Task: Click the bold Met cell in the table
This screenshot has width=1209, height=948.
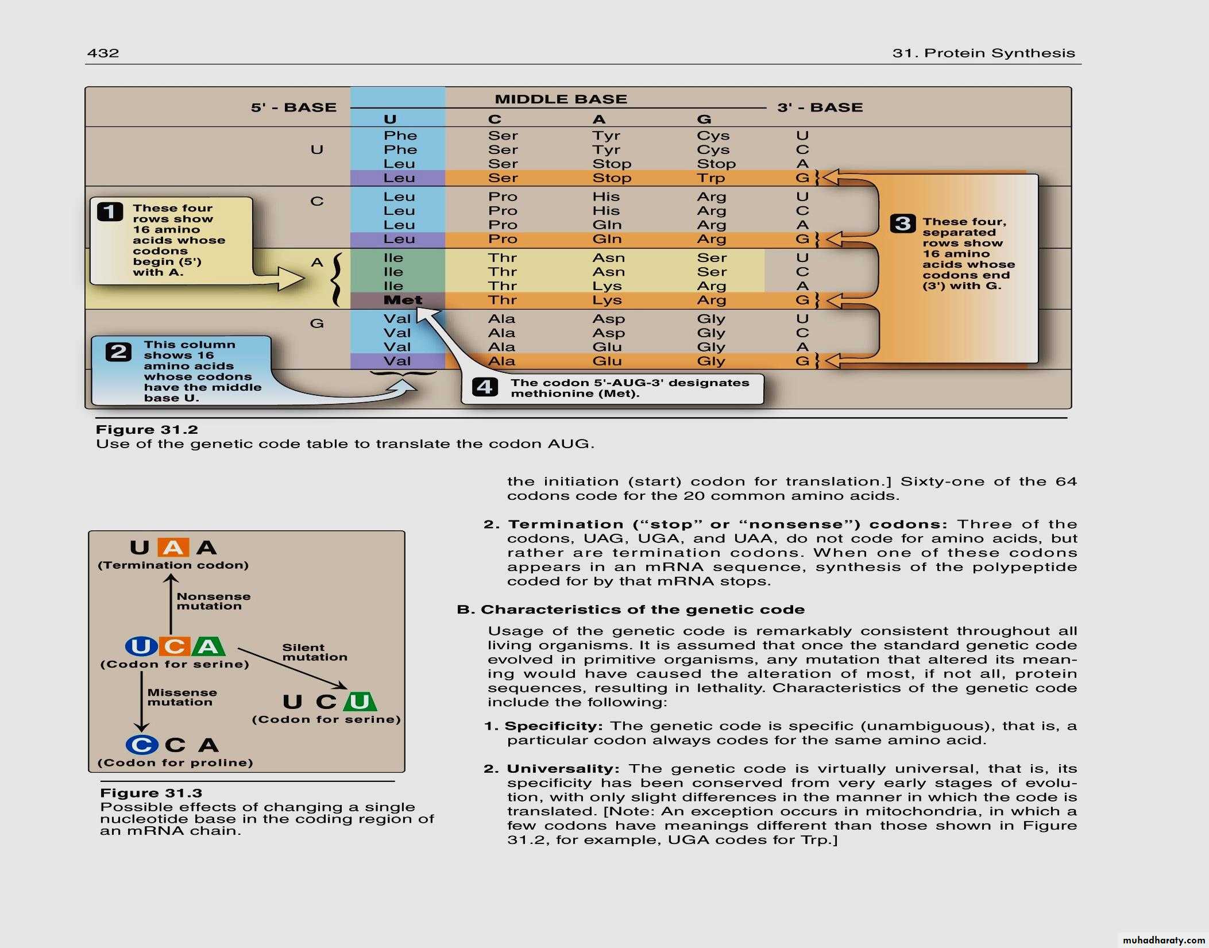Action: click(403, 300)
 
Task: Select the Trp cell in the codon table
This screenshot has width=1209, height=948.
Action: click(711, 178)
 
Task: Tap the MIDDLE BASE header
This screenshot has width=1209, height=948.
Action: click(561, 99)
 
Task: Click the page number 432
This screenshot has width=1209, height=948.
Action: click(103, 53)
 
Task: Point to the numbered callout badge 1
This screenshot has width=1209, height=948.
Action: click(110, 211)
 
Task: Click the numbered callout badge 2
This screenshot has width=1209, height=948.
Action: click(119, 351)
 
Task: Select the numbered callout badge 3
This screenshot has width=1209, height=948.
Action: click(902, 223)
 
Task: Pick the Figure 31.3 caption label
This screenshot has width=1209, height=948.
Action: click(151, 793)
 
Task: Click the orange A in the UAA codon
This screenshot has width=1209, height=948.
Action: click(173, 548)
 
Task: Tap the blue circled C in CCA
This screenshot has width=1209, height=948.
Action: click(142, 745)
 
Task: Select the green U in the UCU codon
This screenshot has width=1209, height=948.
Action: click(360, 702)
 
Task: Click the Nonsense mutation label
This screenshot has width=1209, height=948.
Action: click(214, 601)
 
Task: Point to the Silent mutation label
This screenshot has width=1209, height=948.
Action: click(315, 652)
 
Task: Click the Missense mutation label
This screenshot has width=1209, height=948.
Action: click(182, 697)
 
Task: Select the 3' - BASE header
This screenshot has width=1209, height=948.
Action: click(820, 107)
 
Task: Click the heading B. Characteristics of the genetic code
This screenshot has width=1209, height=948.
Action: click(631, 610)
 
